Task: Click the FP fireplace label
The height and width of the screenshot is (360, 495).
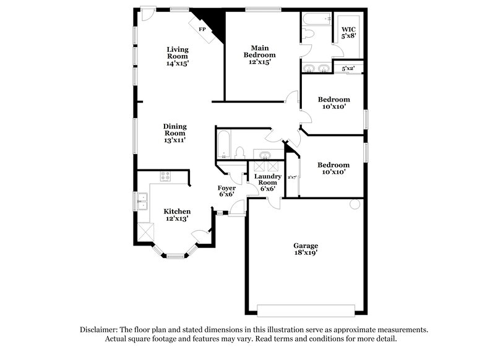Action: [202, 29]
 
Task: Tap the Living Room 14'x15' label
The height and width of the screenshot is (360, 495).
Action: [177, 56]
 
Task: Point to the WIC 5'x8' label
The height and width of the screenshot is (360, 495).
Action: [349, 32]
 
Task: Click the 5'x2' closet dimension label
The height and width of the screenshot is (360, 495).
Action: [348, 69]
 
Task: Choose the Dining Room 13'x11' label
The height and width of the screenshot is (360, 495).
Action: [175, 133]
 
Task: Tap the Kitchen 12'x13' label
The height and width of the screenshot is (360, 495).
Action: [176, 215]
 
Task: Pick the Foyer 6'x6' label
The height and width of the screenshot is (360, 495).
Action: [226, 191]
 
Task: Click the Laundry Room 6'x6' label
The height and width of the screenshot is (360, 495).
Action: [267, 183]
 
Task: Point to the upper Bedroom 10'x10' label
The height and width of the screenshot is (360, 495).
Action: [334, 103]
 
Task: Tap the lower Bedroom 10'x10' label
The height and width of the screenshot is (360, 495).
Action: [334, 168]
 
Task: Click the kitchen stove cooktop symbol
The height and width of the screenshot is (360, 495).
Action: [165, 176]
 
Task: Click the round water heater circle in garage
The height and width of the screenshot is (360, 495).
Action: [355, 204]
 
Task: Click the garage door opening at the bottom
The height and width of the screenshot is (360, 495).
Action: [306, 311]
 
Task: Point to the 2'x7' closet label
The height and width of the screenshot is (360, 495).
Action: [293, 178]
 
